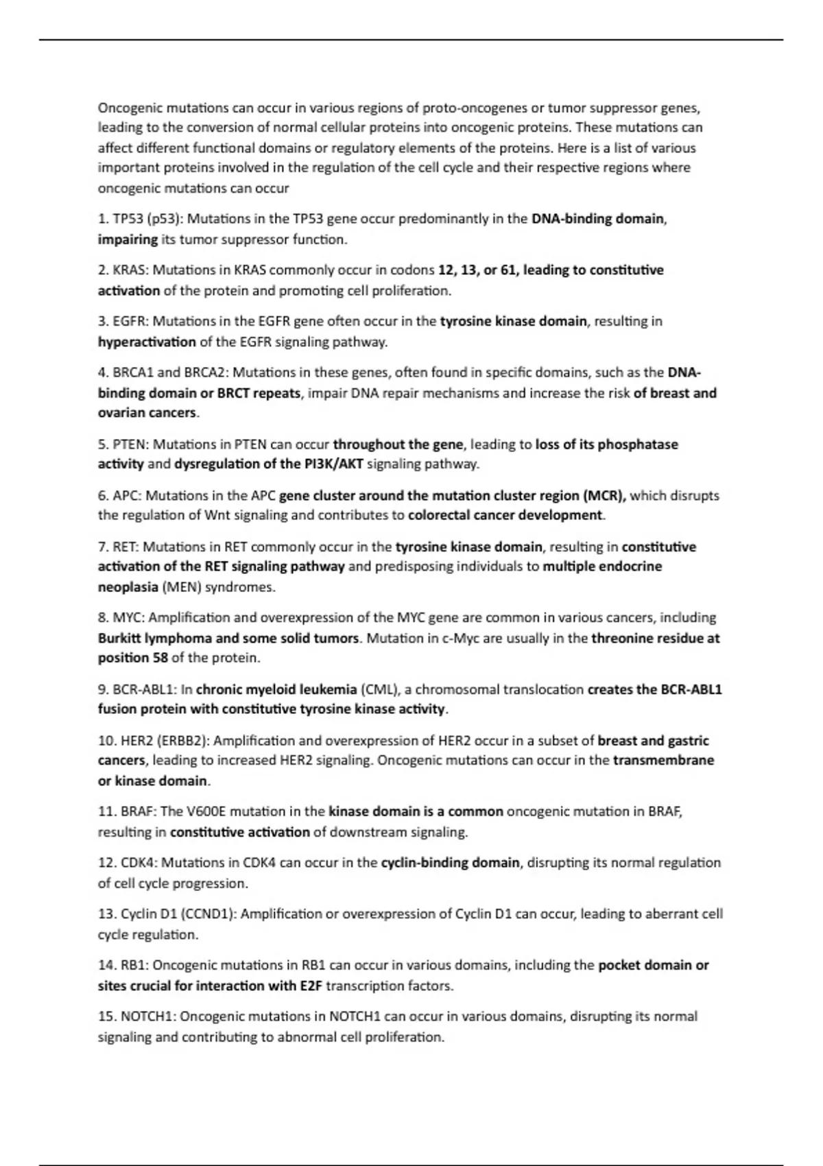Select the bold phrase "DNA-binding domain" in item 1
click(x=597, y=219)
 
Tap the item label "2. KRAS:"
click(x=123, y=270)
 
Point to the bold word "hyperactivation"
click(x=147, y=342)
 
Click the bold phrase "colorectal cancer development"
click(x=505, y=515)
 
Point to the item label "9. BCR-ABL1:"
click(x=138, y=689)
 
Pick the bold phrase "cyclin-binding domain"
click(x=450, y=862)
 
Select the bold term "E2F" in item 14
click(x=311, y=986)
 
